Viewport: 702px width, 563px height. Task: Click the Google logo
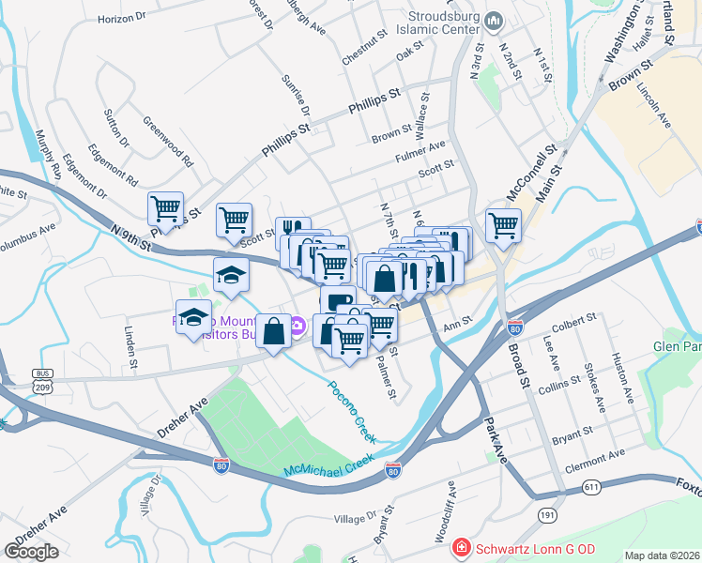[31, 552]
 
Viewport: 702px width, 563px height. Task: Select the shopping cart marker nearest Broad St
[503, 225]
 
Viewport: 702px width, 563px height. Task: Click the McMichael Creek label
[328, 463]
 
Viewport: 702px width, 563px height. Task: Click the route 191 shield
[548, 514]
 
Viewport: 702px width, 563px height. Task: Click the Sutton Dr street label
[116, 129]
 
